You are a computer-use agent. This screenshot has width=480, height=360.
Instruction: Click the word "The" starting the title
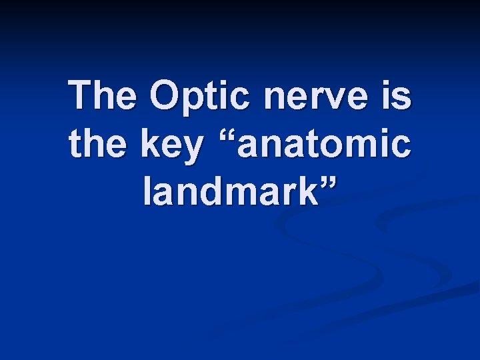(x=105, y=96)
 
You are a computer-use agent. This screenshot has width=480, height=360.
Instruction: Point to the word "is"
(x=398, y=96)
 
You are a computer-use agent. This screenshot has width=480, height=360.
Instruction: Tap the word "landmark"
(x=231, y=192)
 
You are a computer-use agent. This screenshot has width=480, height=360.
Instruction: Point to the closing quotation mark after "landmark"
(x=328, y=183)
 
